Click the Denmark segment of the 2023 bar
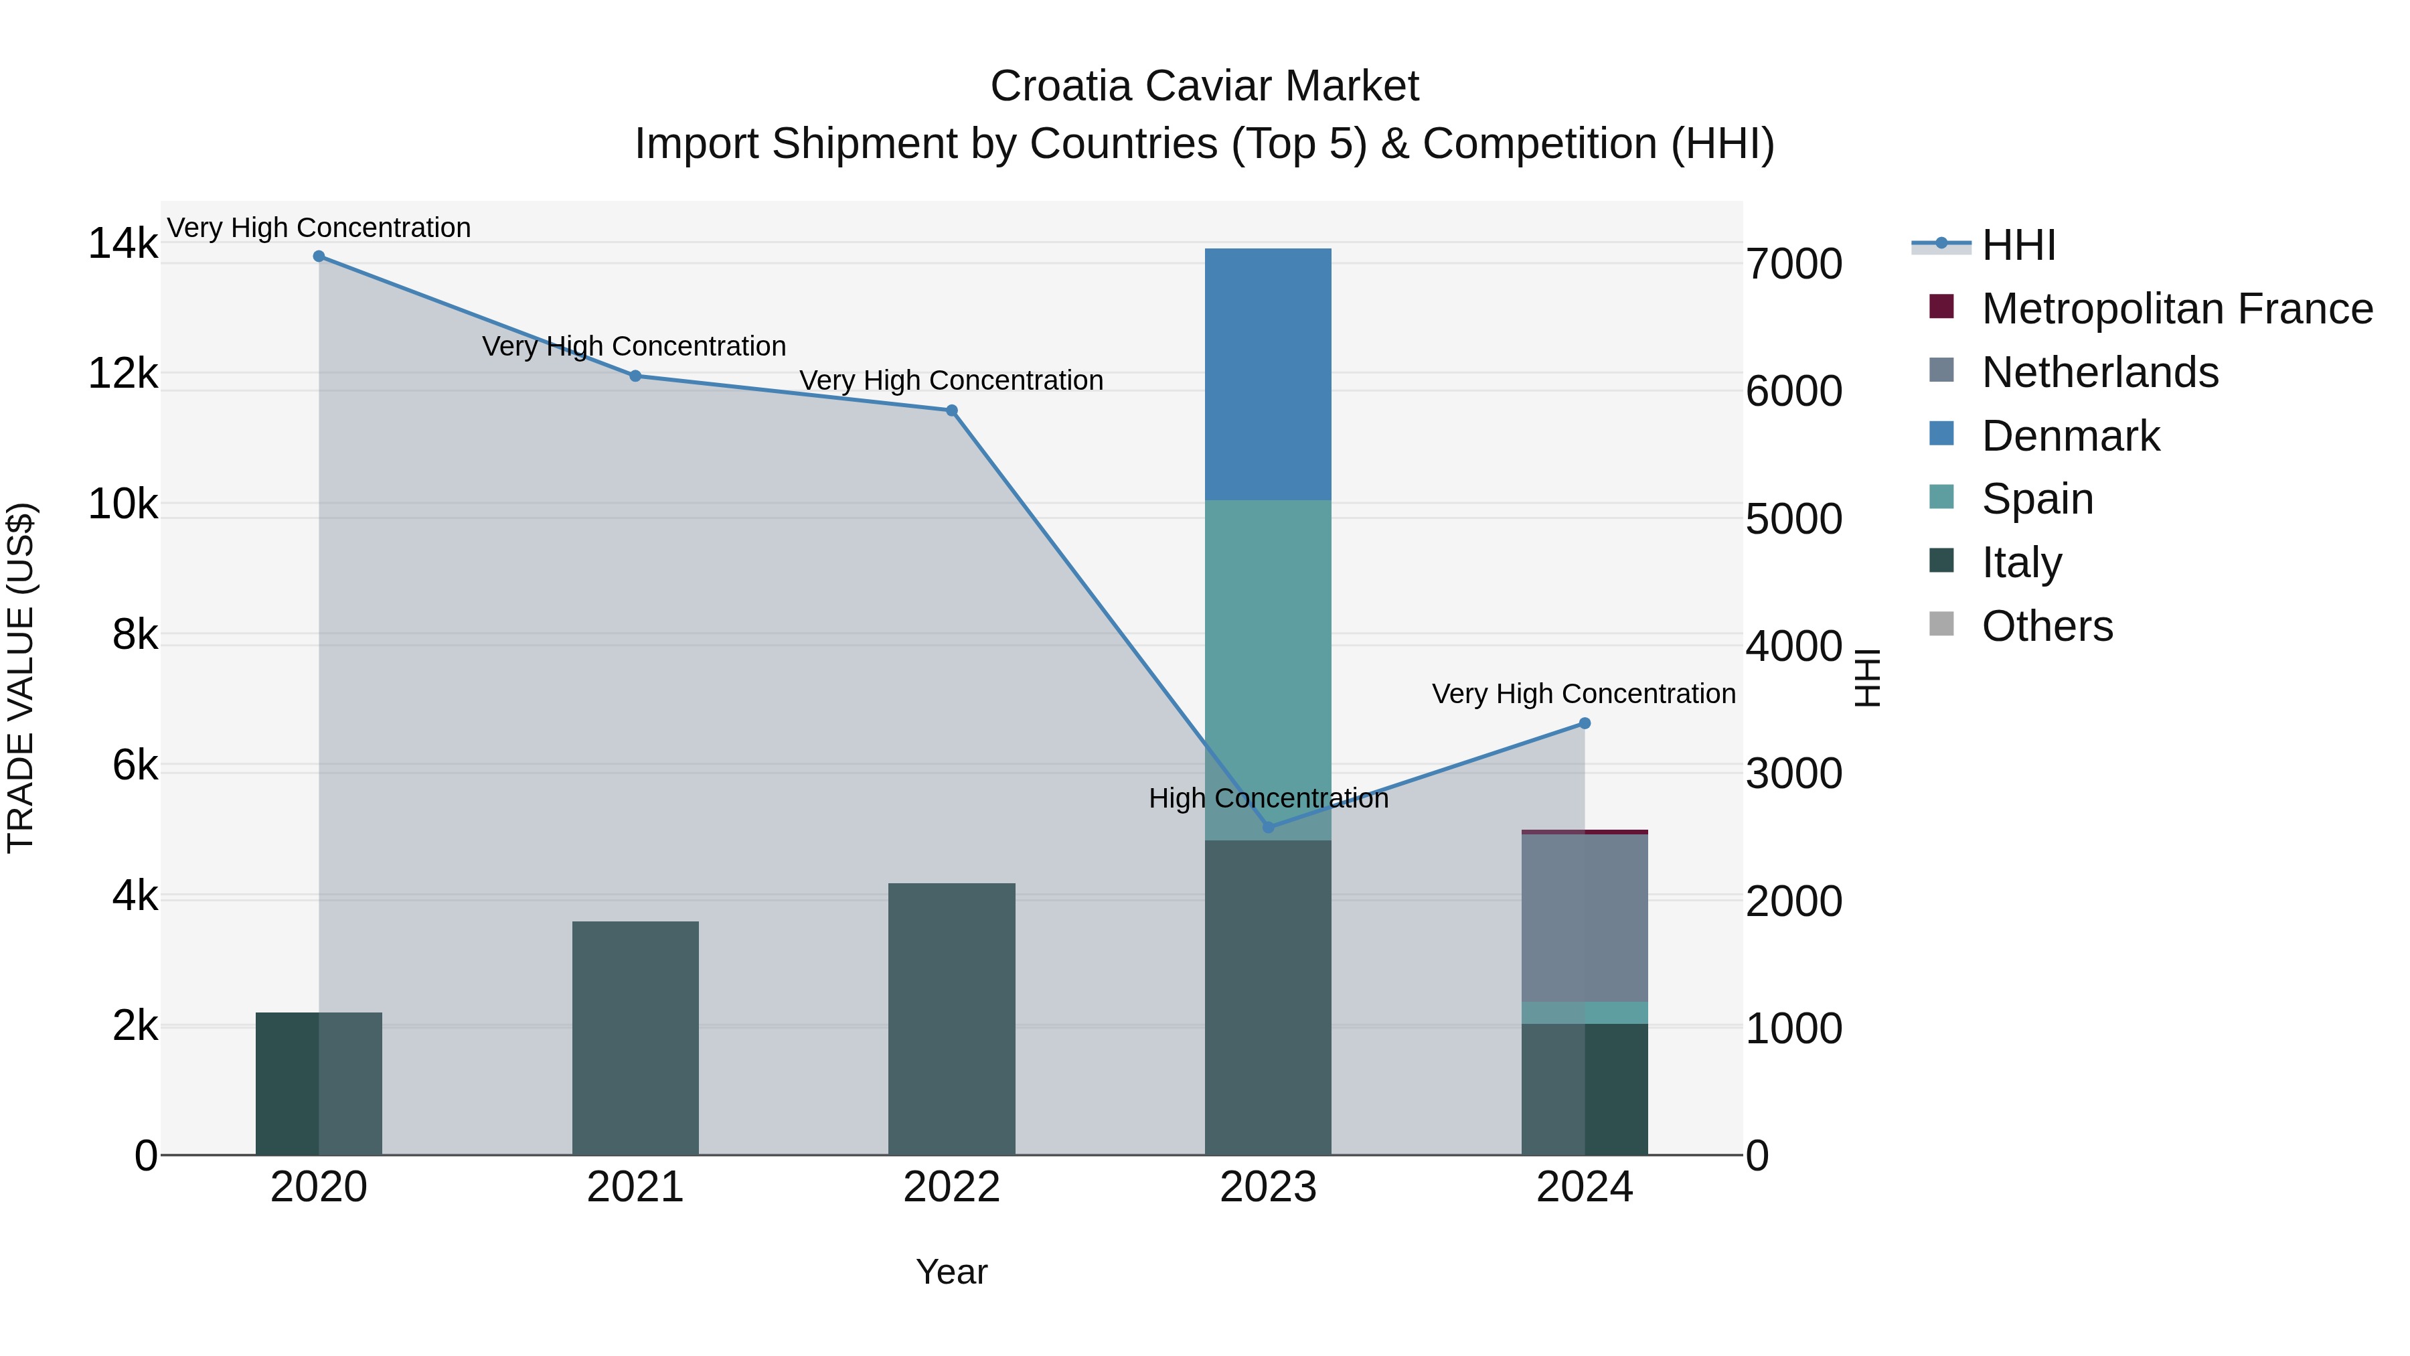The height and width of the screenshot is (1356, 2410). click(1268, 374)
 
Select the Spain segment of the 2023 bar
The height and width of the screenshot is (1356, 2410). click(1268, 669)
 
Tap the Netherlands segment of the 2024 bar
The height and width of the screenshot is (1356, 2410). click(1584, 917)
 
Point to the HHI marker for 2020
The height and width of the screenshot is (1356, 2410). click(319, 256)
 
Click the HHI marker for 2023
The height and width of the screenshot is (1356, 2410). click(1268, 827)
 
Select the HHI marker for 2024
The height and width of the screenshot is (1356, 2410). click(1584, 723)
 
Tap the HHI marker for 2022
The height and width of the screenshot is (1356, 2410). click(951, 410)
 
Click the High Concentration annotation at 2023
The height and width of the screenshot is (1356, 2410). click(1268, 798)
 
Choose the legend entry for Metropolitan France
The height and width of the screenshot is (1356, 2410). click(2176, 309)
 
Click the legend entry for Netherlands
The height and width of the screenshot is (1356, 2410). click(2099, 372)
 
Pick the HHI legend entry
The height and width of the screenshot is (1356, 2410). click(2017, 245)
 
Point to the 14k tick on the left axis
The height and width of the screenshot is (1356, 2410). click(123, 244)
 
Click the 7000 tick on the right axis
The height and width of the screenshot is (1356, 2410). click(1793, 264)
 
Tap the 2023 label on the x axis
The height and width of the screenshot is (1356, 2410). click(1268, 1187)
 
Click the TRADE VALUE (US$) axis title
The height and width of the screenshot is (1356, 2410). click(21, 678)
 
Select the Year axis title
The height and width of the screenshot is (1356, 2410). click(951, 1272)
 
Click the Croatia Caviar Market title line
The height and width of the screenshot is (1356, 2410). click(1204, 86)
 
